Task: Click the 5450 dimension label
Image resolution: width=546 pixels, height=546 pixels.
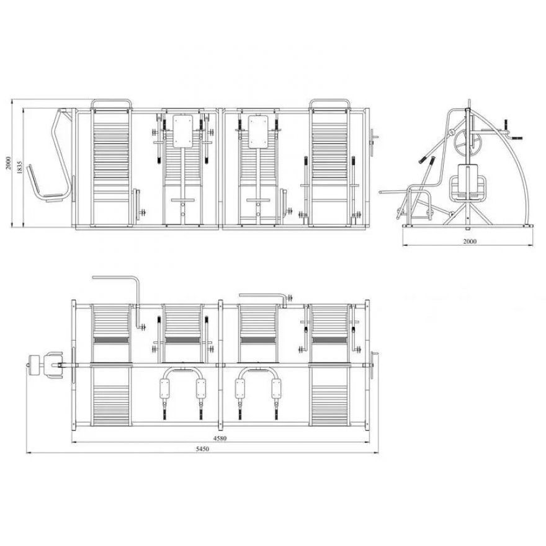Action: [x=202, y=449]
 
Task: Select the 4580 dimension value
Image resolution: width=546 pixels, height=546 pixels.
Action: [x=220, y=439]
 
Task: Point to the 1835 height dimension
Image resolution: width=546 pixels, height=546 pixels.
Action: [x=19, y=168]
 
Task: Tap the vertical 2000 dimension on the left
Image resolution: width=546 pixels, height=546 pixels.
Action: [x=8, y=163]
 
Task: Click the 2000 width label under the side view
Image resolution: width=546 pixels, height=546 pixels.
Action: [x=470, y=241]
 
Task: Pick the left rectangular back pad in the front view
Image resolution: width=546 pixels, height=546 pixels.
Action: [x=183, y=132]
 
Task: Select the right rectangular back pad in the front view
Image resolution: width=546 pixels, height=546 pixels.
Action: [x=258, y=132]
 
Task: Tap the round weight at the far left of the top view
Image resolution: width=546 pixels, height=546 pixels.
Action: [x=34, y=365]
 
